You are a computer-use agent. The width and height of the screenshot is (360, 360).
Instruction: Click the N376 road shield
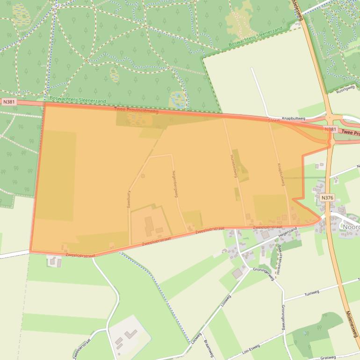(327, 198)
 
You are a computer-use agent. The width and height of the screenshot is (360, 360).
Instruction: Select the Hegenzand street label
(288, 231)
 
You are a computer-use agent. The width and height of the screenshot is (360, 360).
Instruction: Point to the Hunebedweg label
(234, 166)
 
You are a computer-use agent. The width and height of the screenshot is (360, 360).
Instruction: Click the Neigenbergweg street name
(175, 183)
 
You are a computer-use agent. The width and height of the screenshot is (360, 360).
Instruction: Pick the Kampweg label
(129, 199)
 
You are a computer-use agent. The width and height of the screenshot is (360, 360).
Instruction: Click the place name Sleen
(274, 121)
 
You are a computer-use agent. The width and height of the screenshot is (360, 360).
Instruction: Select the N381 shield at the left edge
(8, 101)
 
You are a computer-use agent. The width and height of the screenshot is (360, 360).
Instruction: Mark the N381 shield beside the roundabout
(330, 129)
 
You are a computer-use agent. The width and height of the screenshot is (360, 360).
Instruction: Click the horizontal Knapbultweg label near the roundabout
(294, 119)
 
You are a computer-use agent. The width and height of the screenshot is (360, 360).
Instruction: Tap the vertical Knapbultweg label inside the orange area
(281, 174)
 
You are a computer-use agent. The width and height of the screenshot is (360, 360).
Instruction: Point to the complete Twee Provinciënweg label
(136, 110)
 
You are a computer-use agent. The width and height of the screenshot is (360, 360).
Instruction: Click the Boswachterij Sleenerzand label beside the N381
(78, 100)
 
